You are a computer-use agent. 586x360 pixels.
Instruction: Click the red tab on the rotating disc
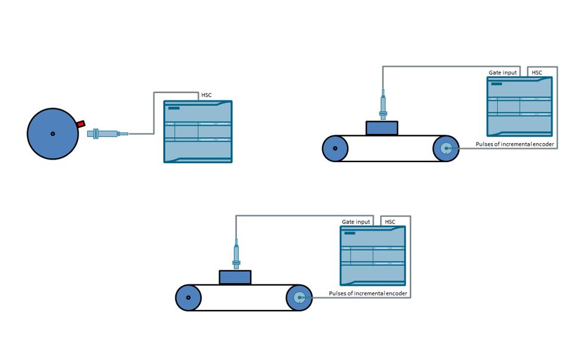(x=81, y=124)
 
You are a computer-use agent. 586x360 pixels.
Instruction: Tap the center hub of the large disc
(x=53, y=134)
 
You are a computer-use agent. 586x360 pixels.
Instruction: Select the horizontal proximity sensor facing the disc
(x=108, y=133)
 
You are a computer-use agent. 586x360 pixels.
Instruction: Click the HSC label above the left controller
(x=207, y=95)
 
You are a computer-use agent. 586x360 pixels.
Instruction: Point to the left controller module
(x=198, y=132)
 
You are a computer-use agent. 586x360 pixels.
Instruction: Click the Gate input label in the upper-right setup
(x=503, y=72)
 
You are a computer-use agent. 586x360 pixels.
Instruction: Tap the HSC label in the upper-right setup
(x=537, y=72)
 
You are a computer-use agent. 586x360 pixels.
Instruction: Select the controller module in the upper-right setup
(x=520, y=107)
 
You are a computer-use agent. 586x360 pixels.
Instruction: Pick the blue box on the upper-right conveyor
(x=381, y=128)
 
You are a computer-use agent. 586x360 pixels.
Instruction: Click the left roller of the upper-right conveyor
(x=335, y=149)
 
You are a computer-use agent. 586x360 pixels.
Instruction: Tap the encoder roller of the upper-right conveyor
(x=446, y=149)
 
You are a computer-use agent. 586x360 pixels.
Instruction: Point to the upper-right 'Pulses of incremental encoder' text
(x=515, y=144)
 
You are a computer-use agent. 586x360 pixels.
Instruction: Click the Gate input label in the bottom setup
(x=356, y=222)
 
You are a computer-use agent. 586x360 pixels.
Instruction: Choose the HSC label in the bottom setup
(x=390, y=222)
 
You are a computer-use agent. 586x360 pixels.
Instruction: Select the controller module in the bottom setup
(x=373, y=256)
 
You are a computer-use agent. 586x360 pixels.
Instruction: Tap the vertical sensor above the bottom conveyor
(x=236, y=253)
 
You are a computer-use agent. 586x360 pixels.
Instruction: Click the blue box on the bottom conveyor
(x=235, y=277)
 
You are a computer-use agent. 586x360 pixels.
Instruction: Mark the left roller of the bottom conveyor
(x=188, y=298)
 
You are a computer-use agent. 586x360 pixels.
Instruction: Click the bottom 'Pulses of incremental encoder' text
(x=368, y=294)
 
